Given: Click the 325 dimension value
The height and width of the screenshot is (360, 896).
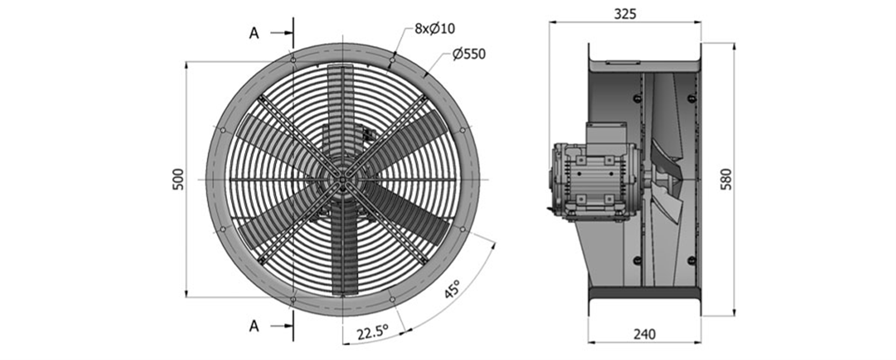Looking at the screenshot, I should point(625,14).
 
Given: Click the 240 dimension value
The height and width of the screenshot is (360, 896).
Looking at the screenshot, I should point(644,334).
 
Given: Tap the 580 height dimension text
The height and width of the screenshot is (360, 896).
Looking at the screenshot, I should point(726,179).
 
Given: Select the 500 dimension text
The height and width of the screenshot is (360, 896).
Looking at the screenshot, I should point(178,179).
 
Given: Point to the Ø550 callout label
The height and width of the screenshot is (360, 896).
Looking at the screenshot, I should point(469,54).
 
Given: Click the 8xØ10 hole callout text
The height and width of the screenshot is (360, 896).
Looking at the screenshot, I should point(435,28).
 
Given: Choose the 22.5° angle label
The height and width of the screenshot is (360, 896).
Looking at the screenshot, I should point(373,332).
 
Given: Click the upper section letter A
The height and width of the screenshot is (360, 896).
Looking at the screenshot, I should point(255,33).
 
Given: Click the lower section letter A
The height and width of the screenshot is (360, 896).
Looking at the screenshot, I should point(255,326).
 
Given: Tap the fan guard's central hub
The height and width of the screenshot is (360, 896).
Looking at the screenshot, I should point(342,179).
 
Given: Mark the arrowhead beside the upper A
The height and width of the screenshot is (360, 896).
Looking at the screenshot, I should point(289,33).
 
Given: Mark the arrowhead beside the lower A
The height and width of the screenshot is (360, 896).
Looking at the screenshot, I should point(289,326).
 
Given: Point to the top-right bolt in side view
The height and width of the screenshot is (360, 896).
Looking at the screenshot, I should point(692,98).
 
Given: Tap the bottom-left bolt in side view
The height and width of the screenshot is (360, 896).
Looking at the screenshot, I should point(638,260).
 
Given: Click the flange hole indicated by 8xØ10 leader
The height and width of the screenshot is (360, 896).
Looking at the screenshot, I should point(392,60).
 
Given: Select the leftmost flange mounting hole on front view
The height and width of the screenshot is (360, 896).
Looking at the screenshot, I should point(222,129).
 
